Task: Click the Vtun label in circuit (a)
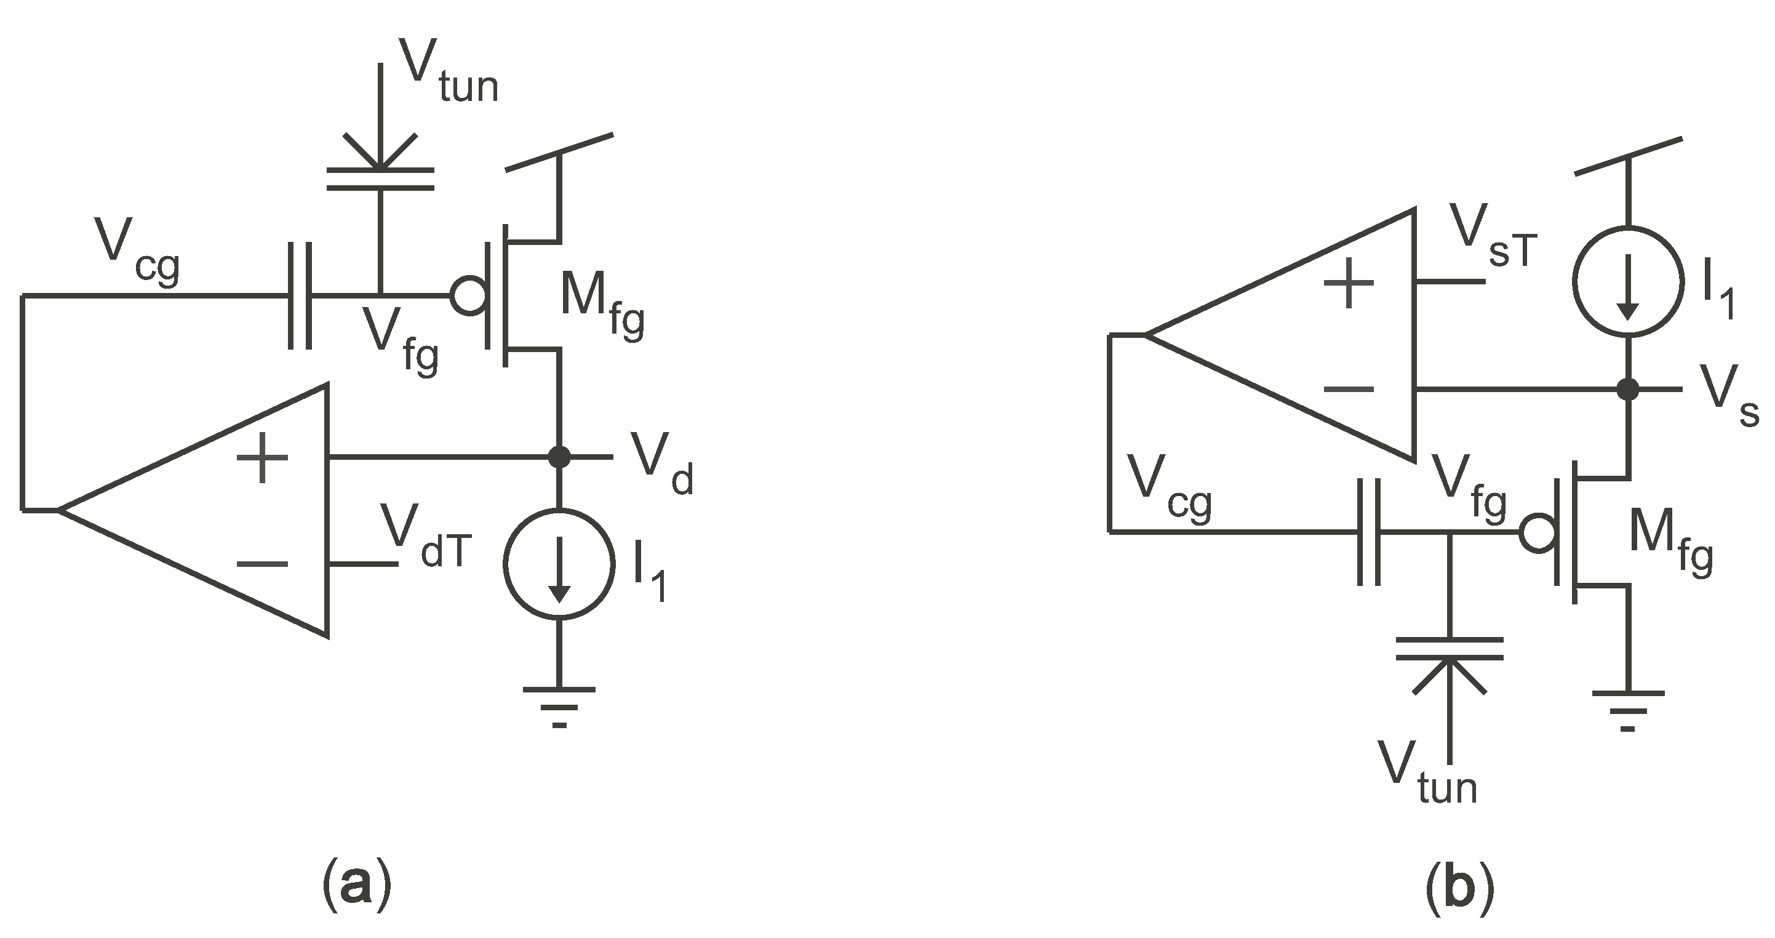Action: click(448, 73)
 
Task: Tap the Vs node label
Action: click(1726, 397)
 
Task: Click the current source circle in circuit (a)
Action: click(559, 564)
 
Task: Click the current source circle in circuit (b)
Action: click(1627, 281)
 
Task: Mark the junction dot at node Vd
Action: click(559, 456)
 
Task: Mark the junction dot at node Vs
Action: click(1627, 390)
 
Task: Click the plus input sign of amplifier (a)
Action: click(262, 457)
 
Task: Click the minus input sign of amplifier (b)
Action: click(1349, 390)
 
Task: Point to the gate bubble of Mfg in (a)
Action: click(469, 296)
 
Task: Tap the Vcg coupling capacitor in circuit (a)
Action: click(300, 295)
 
